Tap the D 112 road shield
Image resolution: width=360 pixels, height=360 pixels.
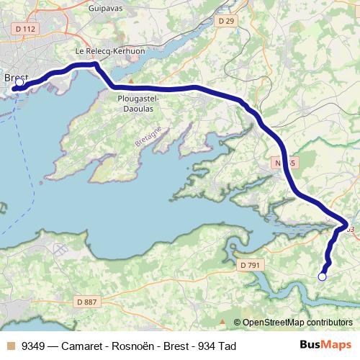(x=24, y=29)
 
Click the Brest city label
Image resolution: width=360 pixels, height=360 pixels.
(x=16, y=78)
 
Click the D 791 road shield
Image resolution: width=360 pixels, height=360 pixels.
(x=250, y=265)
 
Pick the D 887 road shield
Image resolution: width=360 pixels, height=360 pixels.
(x=86, y=302)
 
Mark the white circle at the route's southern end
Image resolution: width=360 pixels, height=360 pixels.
(x=322, y=276)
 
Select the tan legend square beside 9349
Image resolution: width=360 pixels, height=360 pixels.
(x=10, y=346)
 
